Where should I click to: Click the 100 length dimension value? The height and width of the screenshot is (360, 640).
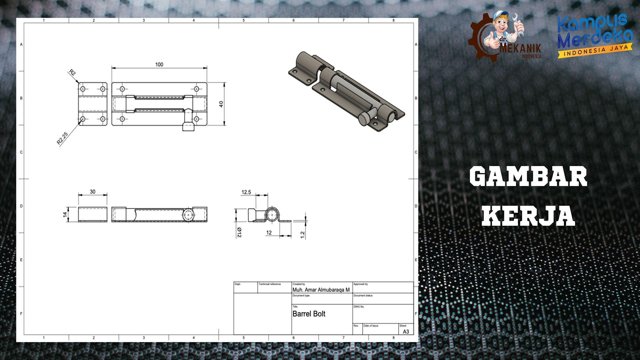click(159, 65)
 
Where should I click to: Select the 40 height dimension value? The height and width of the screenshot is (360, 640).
click(221, 104)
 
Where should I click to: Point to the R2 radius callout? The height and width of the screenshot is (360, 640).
click(72, 72)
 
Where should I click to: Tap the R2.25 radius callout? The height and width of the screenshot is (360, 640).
click(62, 138)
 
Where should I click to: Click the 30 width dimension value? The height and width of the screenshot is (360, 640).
click(92, 192)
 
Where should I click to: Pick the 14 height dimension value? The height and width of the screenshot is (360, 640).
click(65, 214)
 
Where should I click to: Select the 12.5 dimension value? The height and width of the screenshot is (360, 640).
click(246, 192)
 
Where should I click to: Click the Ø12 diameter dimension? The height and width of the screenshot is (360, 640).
click(239, 232)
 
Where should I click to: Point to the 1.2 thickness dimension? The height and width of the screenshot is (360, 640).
click(302, 235)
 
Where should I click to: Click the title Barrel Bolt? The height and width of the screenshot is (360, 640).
click(309, 314)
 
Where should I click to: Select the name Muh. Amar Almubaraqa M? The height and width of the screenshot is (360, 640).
click(321, 290)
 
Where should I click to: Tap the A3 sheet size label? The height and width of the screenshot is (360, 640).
click(406, 332)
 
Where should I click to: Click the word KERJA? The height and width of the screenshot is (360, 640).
click(528, 216)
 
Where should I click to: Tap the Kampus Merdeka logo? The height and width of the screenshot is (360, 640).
click(595, 35)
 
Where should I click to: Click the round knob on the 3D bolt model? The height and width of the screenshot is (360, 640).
click(364, 119)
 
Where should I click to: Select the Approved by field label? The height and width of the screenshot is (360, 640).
click(360, 284)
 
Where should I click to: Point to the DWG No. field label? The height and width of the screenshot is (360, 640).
click(359, 307)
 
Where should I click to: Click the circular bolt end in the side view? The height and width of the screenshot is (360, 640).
click(273, 215)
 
